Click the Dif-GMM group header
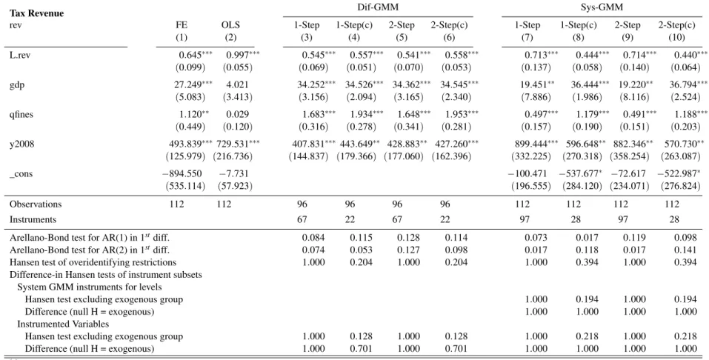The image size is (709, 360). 378,7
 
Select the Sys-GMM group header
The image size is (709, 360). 602,7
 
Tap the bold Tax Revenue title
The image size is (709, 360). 36,13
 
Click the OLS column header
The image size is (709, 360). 230,25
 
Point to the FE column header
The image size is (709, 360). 182,25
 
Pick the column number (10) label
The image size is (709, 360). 676,38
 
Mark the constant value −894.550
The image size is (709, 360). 182,174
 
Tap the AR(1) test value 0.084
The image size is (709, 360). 313,238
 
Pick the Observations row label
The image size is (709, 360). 36,204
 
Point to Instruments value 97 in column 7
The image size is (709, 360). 527,220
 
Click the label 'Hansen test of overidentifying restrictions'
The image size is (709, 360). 93,262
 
